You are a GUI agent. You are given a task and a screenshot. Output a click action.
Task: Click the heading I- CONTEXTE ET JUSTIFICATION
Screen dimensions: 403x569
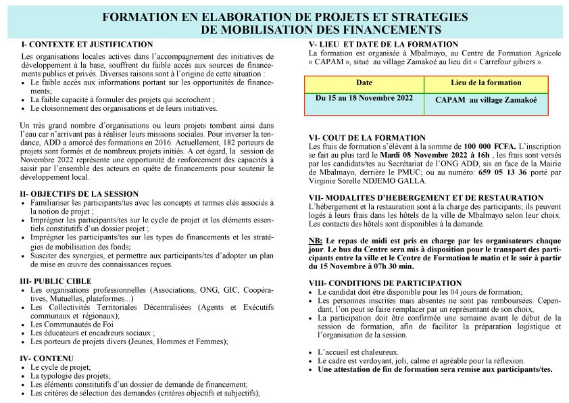87,44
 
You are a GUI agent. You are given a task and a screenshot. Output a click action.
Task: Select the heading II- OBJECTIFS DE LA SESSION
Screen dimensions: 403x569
80,193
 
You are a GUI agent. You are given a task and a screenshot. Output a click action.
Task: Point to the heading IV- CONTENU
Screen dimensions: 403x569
47,358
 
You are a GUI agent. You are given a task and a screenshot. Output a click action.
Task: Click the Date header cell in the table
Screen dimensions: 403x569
364,82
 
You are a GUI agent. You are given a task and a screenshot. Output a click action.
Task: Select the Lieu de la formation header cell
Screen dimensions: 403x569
486,82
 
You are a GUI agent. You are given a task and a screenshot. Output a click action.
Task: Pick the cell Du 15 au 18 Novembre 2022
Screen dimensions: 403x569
364,98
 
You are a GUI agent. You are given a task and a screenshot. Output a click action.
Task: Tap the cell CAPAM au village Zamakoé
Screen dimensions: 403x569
486,100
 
